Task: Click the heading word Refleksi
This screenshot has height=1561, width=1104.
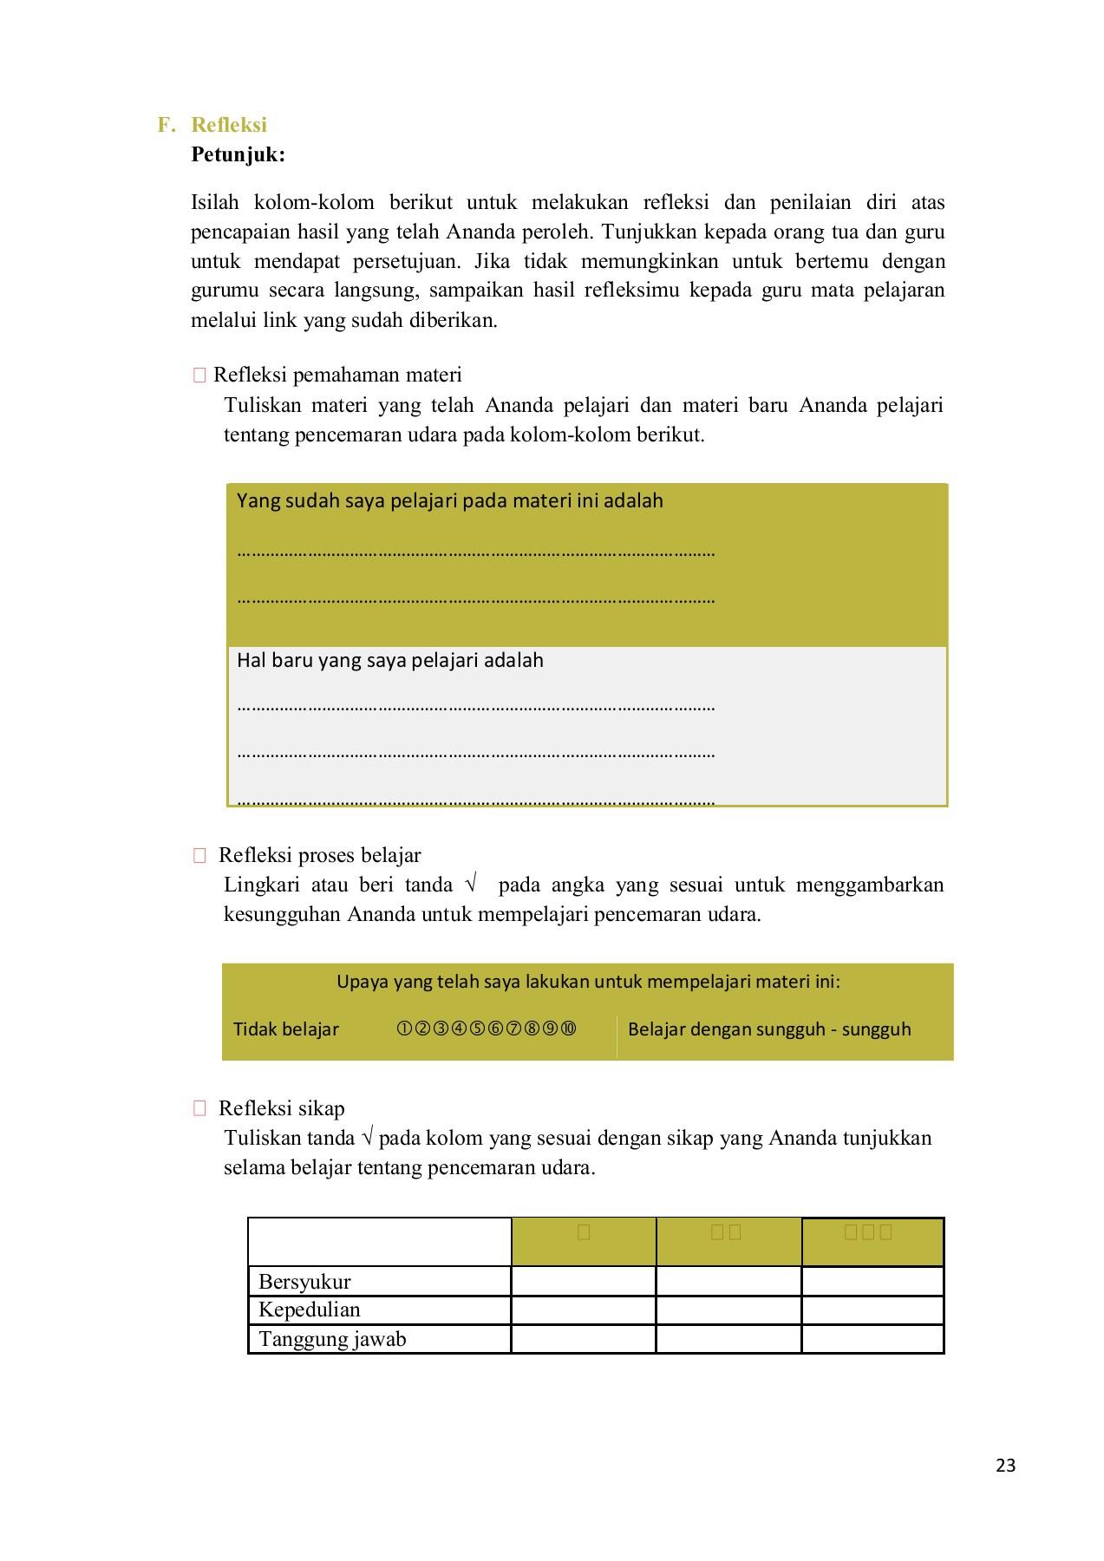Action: tap(229, 125)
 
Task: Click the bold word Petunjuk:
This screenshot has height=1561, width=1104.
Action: tap(238, 155)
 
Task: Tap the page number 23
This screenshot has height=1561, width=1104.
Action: tap(1005, 1465)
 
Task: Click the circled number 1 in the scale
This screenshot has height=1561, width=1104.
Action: tap(404, 1029)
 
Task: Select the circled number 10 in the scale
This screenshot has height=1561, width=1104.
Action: tap(568, 1029)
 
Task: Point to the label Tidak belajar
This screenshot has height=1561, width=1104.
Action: tap(285, 1029)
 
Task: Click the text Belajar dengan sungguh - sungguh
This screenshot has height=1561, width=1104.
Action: tap(768, 1029)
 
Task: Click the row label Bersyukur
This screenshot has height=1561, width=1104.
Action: tap(304, 1281)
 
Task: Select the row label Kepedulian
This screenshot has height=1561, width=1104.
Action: tap(309, 1310)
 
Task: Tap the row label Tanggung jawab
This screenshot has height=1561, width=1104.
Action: tap(332, 1339)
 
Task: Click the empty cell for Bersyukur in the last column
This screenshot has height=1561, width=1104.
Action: tap(872, 1281)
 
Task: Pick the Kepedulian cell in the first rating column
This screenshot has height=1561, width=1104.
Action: tap(583, 1310)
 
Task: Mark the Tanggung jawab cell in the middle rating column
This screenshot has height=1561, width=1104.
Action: tap(728, 1339)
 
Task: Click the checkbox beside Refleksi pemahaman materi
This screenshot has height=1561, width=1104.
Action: tap(199, 375)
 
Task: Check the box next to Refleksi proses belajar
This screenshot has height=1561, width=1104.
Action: tap(199, 855)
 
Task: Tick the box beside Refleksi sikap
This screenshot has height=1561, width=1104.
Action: tap(199, 1108)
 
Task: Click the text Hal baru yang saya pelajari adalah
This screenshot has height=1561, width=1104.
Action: tap(389, 661)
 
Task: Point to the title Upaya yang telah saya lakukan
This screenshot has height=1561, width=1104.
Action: tap(588, 982)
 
